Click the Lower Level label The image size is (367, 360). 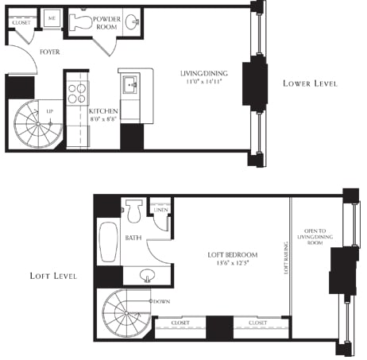310,83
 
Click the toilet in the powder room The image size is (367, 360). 82,23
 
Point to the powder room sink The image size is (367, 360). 132,21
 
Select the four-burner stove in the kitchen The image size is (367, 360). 78,94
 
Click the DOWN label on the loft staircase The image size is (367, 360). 161,302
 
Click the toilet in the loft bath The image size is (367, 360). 133,212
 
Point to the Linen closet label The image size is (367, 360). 160,208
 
